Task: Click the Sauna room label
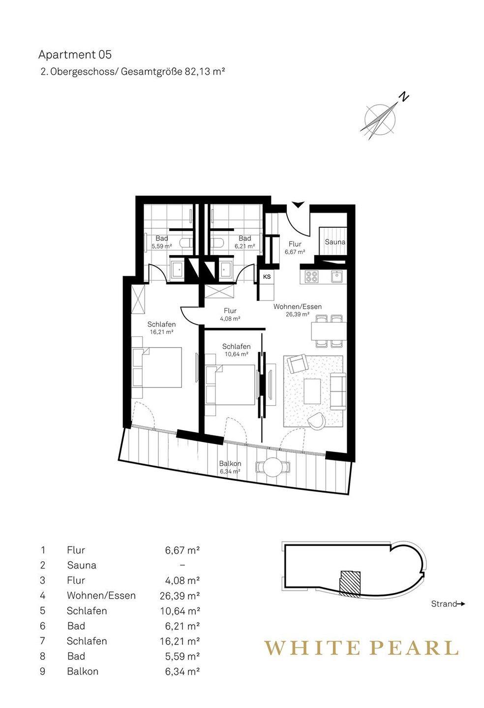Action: (x=335, y=242)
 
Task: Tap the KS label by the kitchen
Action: (x=267, y=277)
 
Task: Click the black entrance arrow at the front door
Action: (x=297, y=205)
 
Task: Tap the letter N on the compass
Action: (x=404, y=96)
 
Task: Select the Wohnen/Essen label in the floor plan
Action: (x=298, y=307)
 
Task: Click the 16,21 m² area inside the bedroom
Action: (x=161, y=332)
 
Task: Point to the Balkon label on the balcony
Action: (x=230, y=463)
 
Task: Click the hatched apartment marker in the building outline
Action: (x=350, y=583)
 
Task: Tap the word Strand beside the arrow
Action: (x=444, y=604)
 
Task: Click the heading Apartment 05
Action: (x=75, y=55)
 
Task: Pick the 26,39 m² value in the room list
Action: (x=180, y=595)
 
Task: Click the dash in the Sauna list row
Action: (x=182, y=565)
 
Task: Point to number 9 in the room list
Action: (x=43, y=671)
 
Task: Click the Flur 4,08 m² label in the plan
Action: (x=230, y=314)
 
